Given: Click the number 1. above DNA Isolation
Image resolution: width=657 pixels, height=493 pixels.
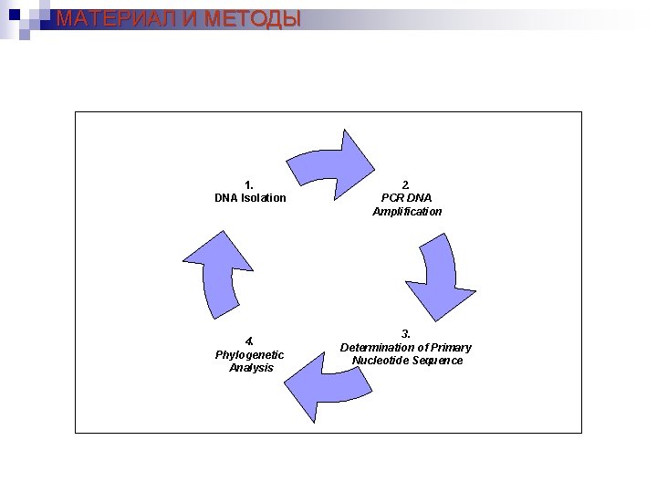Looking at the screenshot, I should point(250,184).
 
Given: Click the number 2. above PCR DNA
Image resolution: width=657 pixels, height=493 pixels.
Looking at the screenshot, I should point(407,184).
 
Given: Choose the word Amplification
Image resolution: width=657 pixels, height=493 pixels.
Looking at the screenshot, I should point(407,212).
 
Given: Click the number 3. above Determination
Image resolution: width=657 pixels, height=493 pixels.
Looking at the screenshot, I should point(407,333).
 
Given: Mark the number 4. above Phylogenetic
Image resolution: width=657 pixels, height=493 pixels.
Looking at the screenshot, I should point(250,341).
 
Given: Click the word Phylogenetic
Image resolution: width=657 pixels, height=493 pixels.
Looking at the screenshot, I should point(250,354).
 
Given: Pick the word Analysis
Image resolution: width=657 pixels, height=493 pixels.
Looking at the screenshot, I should point(251,368).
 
